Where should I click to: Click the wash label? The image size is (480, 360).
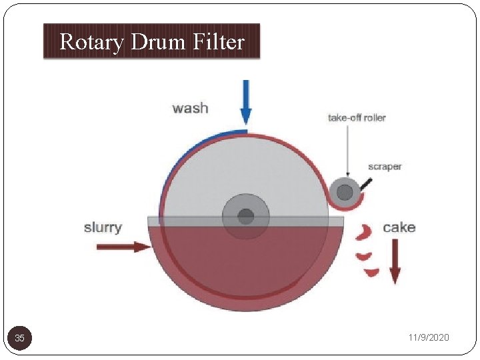[190, 108]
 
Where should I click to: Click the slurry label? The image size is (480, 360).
[103, 227]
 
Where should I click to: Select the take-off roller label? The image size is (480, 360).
[357, 118]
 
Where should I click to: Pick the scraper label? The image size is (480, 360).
[385, 167]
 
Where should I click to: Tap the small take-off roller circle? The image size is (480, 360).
[345, 193]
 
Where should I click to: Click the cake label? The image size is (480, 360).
[399, 227]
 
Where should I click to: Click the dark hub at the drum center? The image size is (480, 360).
[246, 216]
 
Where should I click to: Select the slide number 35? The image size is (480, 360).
[20, 338]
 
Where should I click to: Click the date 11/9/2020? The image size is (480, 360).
[429, 338]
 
